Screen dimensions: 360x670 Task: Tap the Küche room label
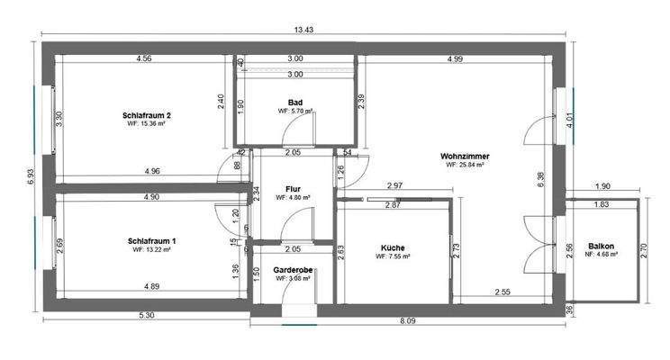point(392,247)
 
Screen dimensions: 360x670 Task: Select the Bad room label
point(294,102)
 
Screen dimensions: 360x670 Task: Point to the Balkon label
point(601,246)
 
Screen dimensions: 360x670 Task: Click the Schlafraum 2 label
point(149,115)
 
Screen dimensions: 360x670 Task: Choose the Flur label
point(293,188)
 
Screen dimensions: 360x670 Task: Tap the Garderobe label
point(293,269)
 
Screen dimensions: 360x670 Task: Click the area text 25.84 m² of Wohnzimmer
point(466,165)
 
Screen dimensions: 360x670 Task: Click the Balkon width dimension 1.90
point(602,186)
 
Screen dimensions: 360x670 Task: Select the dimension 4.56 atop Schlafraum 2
point(143,59)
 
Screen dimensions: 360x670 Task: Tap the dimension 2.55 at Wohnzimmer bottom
point(502,292)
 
